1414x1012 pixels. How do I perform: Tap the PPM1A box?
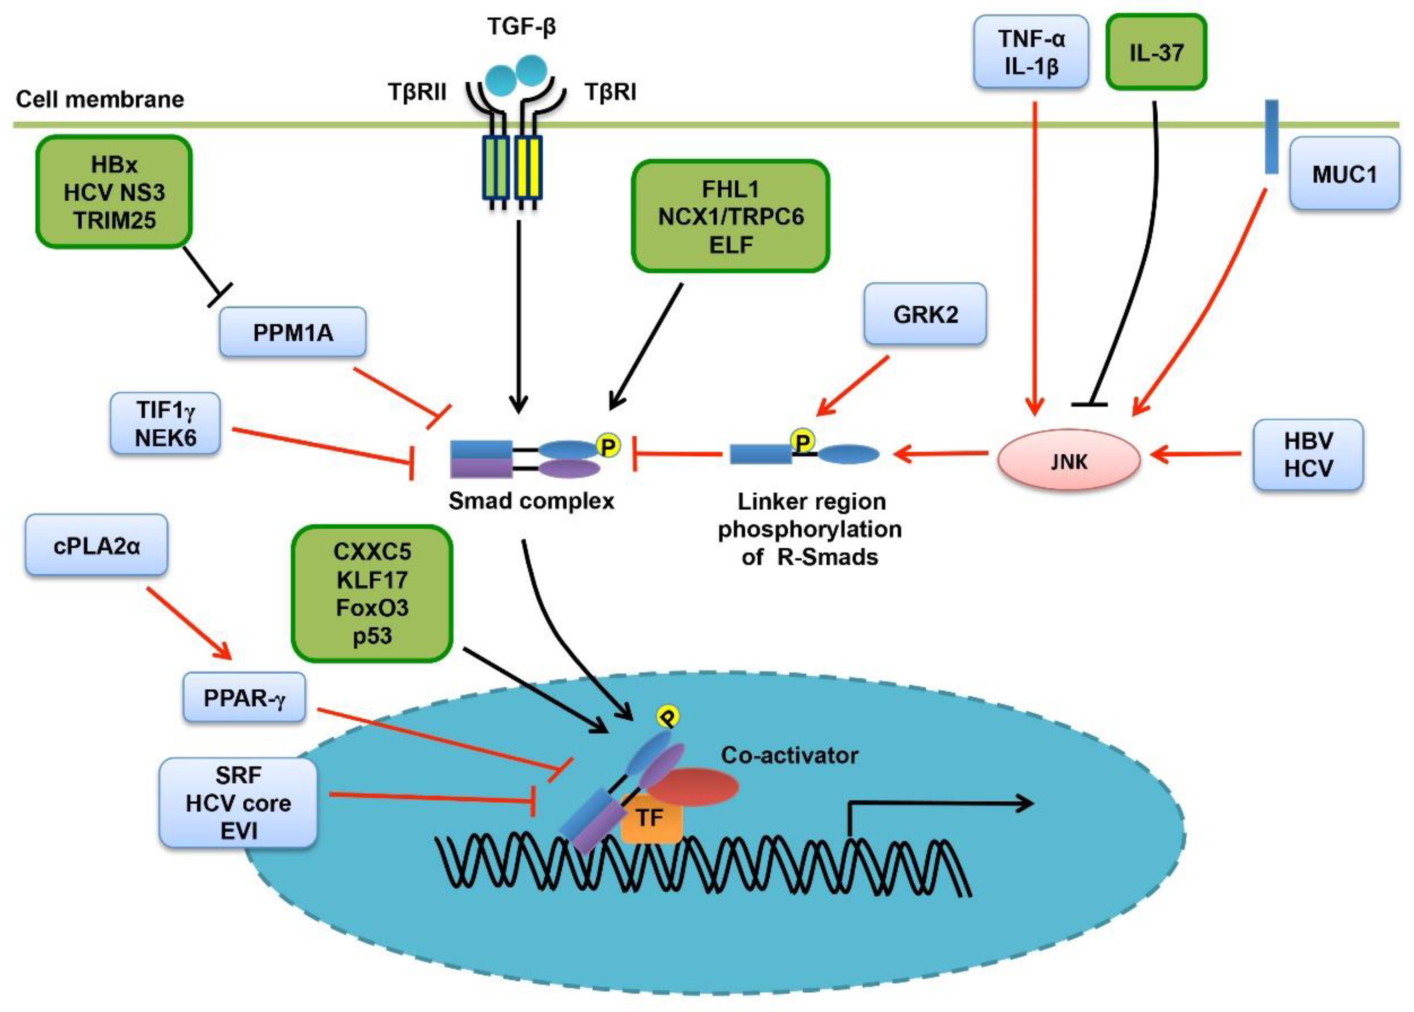click(x=292, y=332)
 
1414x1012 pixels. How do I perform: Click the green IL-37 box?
click(x=1156, y=52)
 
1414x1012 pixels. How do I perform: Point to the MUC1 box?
click(x=1344, y=174)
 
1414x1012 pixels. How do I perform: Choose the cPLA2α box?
click(x=97, y=545)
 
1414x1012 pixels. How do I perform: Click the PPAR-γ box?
click(x=244, y=697)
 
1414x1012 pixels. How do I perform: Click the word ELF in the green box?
click(x=731, y=245)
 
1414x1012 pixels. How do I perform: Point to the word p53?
click(x=372, y=636)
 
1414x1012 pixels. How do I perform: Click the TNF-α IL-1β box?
click(x=1031, y=52)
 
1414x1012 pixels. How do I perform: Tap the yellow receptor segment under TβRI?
click(x=528, y=168)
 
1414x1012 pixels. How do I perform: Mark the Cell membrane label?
click(x=99, y=99)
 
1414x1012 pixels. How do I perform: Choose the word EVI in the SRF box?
click(x=239, y=831)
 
